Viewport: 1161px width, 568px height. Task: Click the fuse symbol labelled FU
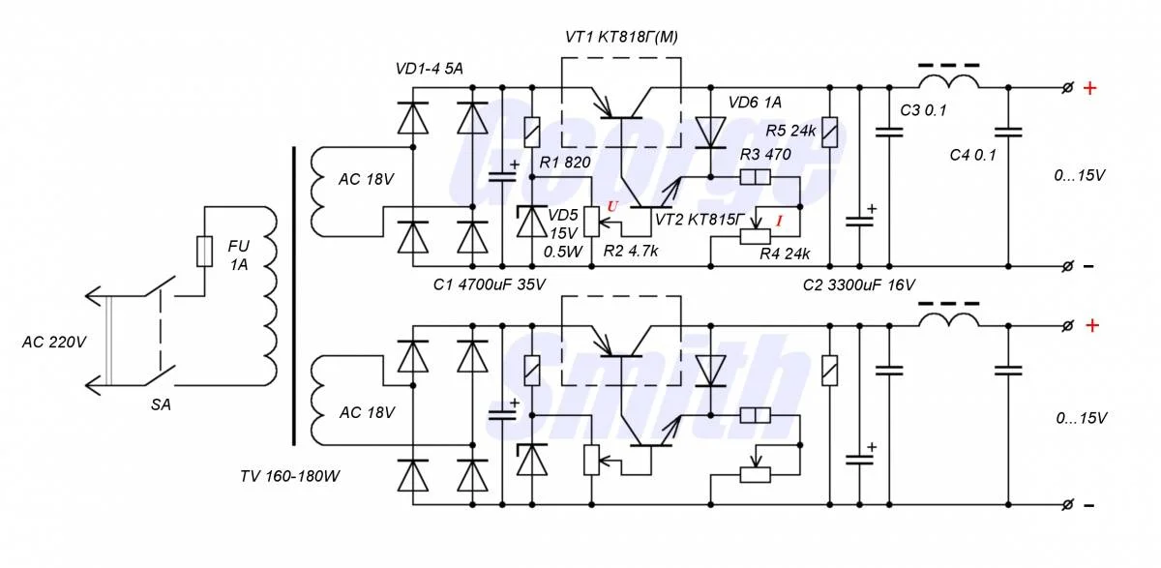[204, 252]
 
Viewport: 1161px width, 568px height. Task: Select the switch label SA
[161, 405]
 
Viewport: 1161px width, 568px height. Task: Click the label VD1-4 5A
[430, 69]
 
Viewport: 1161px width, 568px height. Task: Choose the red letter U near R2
[610, 206]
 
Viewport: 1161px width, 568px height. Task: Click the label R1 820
[565, 163]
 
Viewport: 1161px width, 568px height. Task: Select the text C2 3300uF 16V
[858, 285]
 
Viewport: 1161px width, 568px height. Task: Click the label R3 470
[765, 154]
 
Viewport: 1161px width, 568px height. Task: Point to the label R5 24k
[789, 129]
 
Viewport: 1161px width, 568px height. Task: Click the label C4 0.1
[971, 154]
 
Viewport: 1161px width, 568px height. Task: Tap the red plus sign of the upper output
[1090, 89]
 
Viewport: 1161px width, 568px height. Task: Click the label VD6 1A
[754, 102]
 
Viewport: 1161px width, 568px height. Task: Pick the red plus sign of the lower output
[1090, 326]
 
